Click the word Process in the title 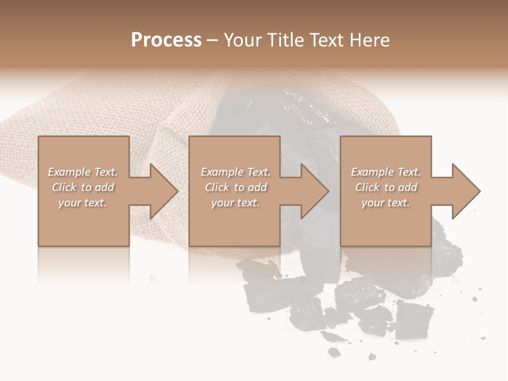click(x=166, y=40)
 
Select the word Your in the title click(x=243, y=40)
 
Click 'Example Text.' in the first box click(x=83, y=172)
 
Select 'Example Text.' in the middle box click(x=235, y=172)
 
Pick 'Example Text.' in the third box click(x=386, y=172)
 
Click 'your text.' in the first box click(x=83, y=203)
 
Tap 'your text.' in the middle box click(x=235, y=203)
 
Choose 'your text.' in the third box click(x=386, y=203)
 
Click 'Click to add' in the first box click(x=83, y=187)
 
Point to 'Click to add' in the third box click(x=386, y=187)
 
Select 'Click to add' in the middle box click(x=235, y=187)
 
